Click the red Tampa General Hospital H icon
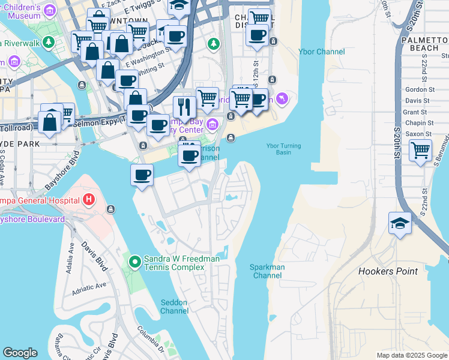[x=89, y=199]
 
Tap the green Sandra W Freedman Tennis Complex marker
[x=134, y=261]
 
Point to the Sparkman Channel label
[x=267, y=271]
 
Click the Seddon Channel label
[x=175, y=307]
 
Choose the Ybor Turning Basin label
[x=283, y=149]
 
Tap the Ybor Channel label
[x=321, y=52]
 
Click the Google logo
[x=20, y=353]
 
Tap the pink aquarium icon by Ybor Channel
[x=282, y=98]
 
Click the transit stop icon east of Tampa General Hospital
[x=110, y=209]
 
